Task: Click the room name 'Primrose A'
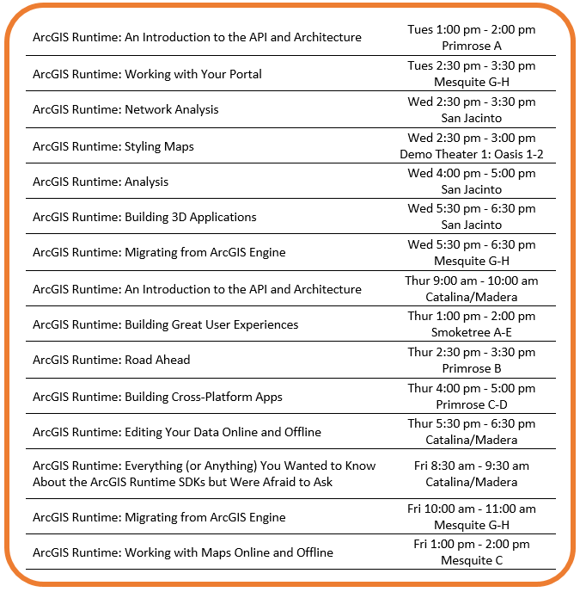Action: [x=471, y=46]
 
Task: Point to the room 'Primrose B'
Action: [x=471, y=368]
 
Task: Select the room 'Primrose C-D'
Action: [x=471, y=404]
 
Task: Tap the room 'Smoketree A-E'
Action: [x=471, y=332]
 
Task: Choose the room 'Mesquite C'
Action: [x=471, y=560]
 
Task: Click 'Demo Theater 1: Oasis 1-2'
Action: [x=471, y=154]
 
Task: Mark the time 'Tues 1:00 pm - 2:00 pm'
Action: [x=471, y=29]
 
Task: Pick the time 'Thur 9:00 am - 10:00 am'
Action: [x=471, y=281]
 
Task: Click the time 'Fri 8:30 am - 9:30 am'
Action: [x=471, y=466]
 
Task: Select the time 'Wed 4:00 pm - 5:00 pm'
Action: [x=471, y=173]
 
